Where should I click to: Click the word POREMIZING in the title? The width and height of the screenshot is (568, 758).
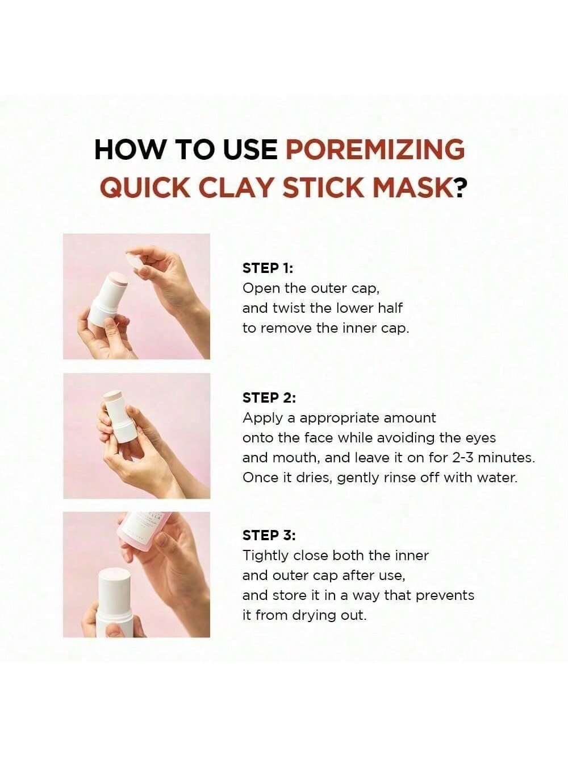pos(375,150)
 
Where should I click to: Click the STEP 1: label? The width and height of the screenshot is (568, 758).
pos(268,268)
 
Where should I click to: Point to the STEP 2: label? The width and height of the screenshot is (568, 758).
pos(269,398)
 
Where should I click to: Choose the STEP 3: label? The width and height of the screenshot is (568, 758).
pos(269,535)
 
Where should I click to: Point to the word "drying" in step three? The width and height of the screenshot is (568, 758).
pos(314,616)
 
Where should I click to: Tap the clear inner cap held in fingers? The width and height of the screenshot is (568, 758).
pos(139,263)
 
